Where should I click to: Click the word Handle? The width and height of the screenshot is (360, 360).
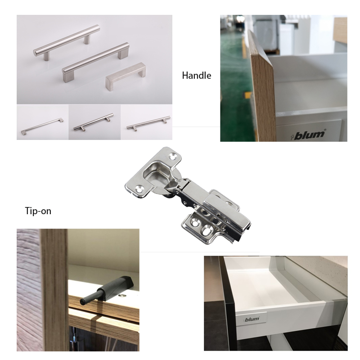197,76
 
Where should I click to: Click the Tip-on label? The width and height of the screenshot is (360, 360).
38,211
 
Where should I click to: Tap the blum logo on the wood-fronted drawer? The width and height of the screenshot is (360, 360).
308,135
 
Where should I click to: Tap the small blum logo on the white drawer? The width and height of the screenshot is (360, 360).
251,319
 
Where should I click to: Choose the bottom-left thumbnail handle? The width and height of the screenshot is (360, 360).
42,126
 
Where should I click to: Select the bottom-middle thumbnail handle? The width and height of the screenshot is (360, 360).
94,122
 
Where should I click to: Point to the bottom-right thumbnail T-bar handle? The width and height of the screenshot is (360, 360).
148,123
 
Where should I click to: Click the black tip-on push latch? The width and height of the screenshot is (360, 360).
107,290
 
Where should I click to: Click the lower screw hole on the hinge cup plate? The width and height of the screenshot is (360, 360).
139,190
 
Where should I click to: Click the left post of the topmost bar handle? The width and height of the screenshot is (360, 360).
47,56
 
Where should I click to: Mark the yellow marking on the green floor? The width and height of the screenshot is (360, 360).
248,95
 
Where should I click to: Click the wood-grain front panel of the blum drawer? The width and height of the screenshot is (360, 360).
264,96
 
